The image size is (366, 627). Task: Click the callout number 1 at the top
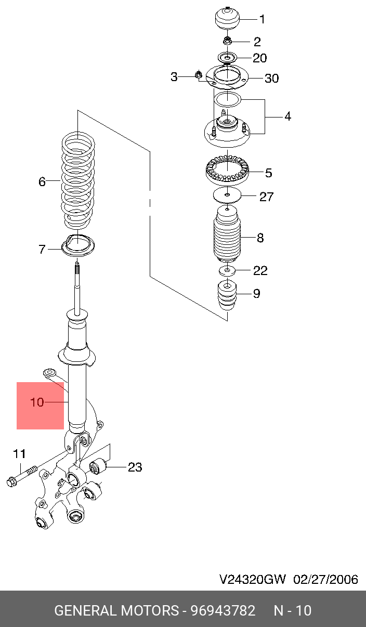coord(262,19)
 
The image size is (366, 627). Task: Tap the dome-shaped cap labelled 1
coord(228,18)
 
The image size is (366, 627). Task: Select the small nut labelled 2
coord(227,41)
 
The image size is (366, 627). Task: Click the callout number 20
coord(259,58)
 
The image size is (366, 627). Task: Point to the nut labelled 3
coord(199,75)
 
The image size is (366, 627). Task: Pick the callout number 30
coord(272,79)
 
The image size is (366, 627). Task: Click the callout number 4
coord(287,116)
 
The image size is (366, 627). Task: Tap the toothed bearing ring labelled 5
coord(227,171)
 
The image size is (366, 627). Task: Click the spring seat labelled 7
coord(78,246)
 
